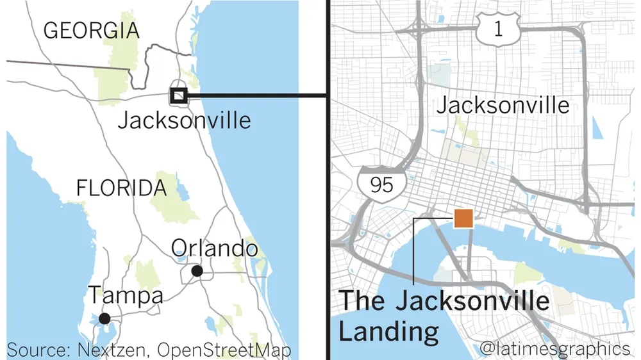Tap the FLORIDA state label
click(x=121, y=188)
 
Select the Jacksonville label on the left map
click(x=185, y=119)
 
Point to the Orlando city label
click(x=215, y=249)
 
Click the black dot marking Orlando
click(x=197, y=271)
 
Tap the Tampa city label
click(x=125, y=296)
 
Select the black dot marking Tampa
click(x=104, y=318)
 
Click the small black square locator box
click(x=178, y=95)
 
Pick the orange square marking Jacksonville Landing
click(x=463, y=218)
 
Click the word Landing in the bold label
click(x=389, y=332)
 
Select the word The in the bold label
click(x=361, y=301)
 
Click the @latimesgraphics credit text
click(x=554, y=349)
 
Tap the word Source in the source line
click(x=38, y=350)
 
